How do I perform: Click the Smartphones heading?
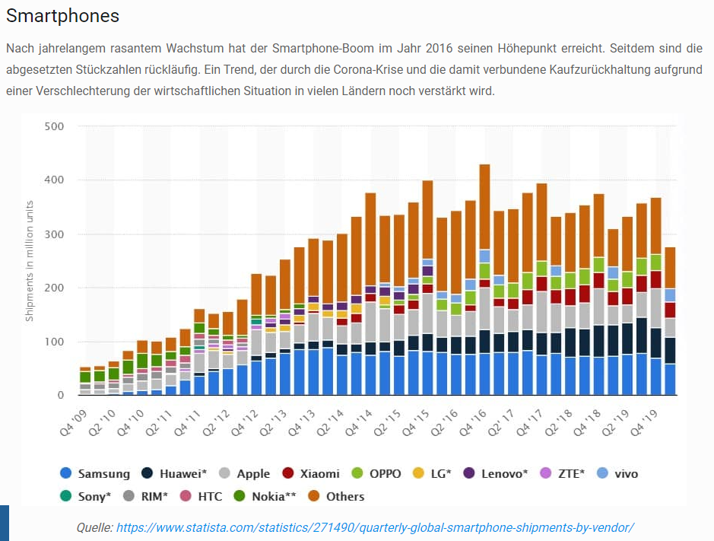point(62,15)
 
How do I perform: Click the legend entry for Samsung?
point(103,473)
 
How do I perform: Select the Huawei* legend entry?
point(183,473)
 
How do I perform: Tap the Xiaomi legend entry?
point(320,473)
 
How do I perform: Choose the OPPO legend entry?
point(385,473)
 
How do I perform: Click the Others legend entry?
point(344,496)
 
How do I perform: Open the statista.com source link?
point(374,527)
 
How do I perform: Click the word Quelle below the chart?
point(94,527)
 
